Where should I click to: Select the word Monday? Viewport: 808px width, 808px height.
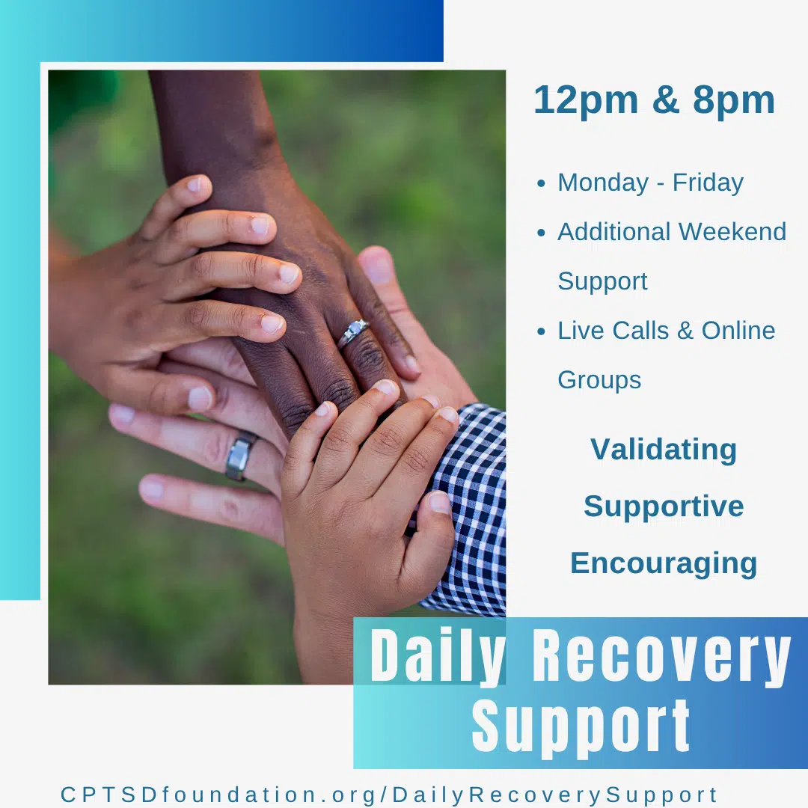[x=603, y=183]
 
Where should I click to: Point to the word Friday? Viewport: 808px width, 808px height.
[x=708, y=183]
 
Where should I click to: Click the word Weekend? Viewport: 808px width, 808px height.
[x=732, y=232]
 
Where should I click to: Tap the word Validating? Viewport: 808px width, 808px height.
[x=663, y=450]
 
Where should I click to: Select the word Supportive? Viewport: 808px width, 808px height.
[x=664, y=507]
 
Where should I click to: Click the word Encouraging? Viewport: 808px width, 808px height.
[x=664, y=564]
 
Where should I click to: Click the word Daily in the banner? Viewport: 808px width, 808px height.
[x=438, y=656]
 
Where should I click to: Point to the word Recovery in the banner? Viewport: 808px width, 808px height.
[x=661, y=656]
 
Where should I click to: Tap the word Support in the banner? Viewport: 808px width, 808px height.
[x=581, y=727]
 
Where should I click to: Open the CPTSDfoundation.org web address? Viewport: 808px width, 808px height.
[x=389, y=795]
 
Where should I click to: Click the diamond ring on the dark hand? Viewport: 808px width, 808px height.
[x=353, y=332]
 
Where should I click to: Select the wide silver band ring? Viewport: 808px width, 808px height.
[x=240, y=456]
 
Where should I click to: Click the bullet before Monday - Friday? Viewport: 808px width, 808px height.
[x=541, y=183]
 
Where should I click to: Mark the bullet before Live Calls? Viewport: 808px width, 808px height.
[x=541, y=331]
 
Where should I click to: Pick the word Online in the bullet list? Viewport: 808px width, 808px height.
[x=738, y=331]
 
